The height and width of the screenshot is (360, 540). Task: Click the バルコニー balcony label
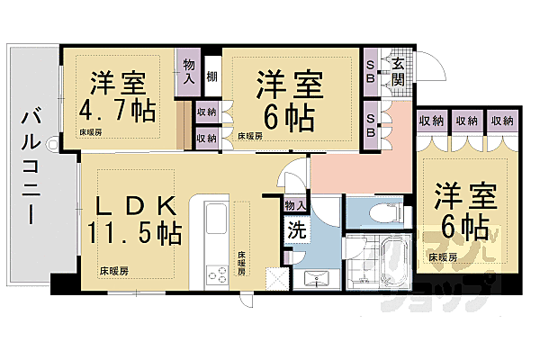(x=30, y=166)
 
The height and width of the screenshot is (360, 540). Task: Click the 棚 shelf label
(x=212, y=76)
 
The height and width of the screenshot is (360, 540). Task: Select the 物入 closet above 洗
(x=294, y=207)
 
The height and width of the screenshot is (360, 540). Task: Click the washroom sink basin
(x=315, y=278)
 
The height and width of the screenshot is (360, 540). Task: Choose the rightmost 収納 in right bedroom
(x=502, y=121)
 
